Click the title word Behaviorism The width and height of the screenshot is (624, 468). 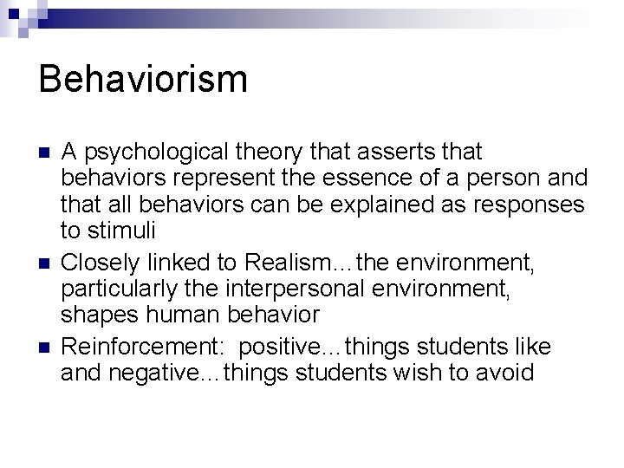click(x=144, y=79)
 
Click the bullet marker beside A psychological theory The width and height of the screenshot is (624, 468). click(x=44, y=153)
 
